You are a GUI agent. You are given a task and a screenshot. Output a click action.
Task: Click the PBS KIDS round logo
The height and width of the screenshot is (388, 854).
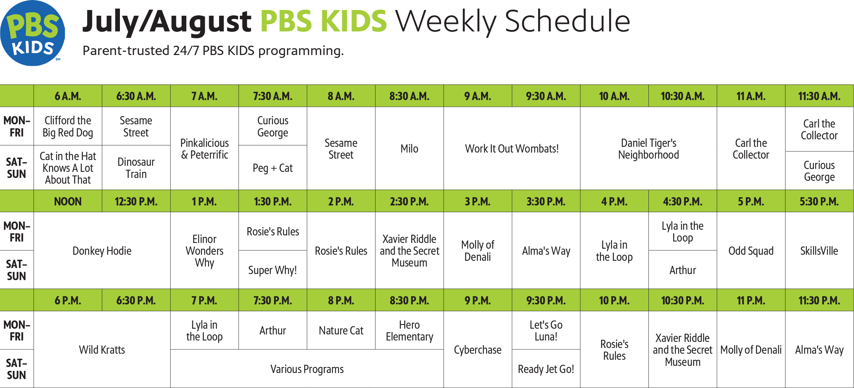(32, 33)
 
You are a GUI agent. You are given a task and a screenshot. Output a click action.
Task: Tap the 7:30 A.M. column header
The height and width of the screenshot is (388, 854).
(273, 96)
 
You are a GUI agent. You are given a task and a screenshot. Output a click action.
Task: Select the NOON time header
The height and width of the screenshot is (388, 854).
(68, 202)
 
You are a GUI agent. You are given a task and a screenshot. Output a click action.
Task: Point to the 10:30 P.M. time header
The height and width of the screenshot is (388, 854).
(683, 300)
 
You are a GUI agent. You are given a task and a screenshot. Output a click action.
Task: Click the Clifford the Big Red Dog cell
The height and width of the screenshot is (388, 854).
(68, 126)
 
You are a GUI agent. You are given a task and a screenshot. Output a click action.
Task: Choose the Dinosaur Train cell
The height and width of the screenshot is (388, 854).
(136, 168)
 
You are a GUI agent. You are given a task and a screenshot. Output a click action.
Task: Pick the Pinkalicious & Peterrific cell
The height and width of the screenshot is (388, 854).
(204, 149)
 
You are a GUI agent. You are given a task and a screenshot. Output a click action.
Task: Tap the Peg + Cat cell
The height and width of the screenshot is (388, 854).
(273, 168)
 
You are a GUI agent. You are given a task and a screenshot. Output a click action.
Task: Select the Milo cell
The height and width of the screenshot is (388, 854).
(409, 149)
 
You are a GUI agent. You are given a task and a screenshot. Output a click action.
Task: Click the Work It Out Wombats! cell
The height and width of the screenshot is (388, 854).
(512, 149)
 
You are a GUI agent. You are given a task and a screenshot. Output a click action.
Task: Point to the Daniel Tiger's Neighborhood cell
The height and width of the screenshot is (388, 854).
(648, 149)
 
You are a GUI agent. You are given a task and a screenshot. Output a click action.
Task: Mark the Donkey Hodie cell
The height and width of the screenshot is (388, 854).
(102, 251)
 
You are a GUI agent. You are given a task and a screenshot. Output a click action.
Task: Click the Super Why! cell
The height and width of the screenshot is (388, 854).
(273, 270)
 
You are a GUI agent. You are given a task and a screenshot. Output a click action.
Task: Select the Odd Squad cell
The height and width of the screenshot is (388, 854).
(751, 251)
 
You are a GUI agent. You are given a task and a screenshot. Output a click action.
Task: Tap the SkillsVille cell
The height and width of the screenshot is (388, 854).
(819, 251)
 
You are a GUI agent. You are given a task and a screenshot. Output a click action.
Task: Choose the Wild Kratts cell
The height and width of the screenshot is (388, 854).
(102, 350)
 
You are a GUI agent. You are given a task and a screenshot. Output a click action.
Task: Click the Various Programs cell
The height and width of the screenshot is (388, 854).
(307, 369)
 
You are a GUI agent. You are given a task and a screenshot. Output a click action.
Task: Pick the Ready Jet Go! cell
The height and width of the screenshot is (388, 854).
(546, 369)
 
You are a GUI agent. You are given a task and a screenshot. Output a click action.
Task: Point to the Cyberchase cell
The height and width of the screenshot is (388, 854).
(477, 350)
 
